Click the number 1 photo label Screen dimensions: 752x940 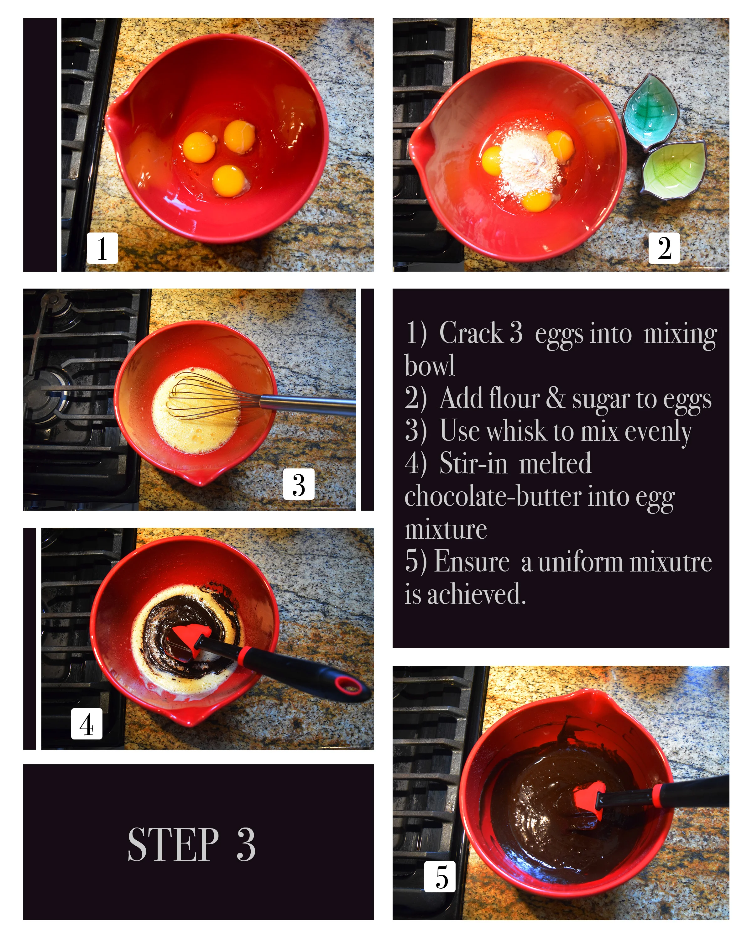click(102, 248)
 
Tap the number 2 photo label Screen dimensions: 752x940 click(664, 248)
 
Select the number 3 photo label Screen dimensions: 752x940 click(299, 484)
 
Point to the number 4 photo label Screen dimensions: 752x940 click(87, 724)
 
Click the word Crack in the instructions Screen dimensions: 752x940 click(471, 333)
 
